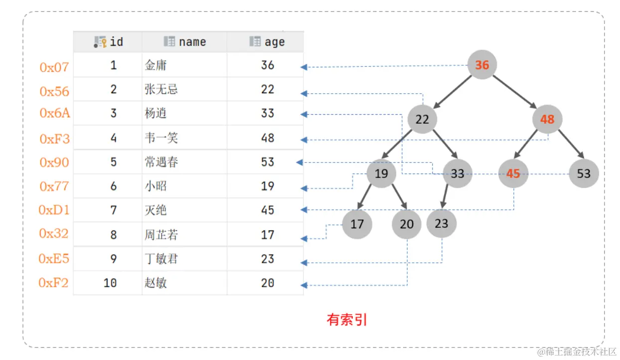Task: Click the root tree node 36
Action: coord(482,65)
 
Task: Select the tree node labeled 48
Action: coord(547,120)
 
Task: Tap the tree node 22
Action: coord(422,120)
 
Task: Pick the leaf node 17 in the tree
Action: coord(357,224)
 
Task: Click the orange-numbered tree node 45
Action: coord(513,174)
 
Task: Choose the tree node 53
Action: coord(584,174)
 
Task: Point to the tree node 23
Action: coord(441,223)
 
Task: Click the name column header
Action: coord(184,42)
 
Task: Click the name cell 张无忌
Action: coord(161,89)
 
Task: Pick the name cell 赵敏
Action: coord(156,283)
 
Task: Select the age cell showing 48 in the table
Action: coord(268,138)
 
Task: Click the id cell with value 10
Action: coord(110,283)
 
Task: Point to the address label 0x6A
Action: coord(55,113)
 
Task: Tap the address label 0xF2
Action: coord(54,283)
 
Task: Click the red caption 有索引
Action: coord(347,320)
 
